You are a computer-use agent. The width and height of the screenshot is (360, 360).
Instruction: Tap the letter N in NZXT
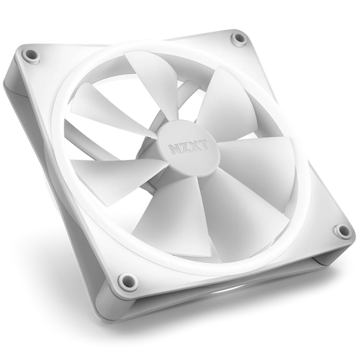coord(175,142)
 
